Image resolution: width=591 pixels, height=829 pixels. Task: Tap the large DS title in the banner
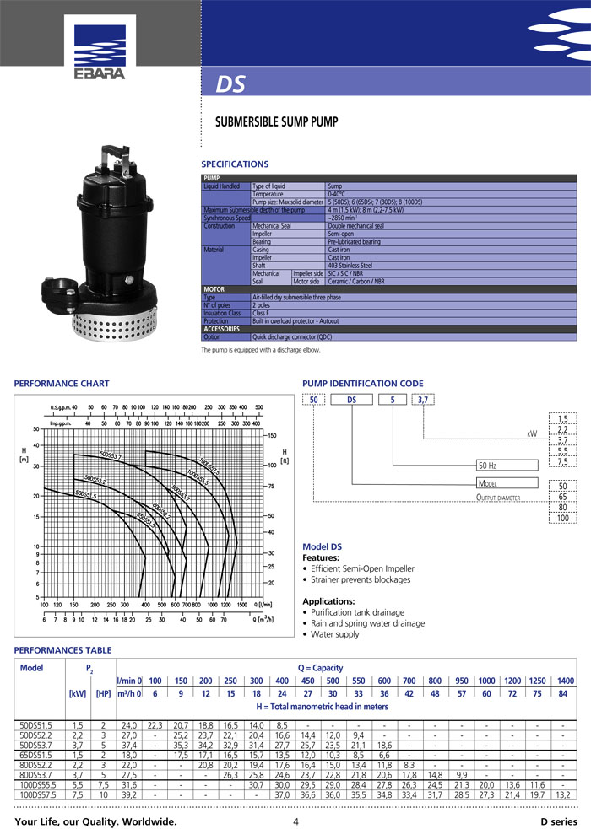pyautogui.click(x=231, y=85)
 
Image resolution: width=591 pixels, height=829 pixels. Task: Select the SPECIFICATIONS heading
pyautogui.click(x=235, y=164)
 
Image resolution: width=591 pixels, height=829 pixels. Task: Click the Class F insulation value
pyautogui.click(x=263, y=313)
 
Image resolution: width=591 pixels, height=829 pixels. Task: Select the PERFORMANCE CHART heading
pyautogui.click(x=62, y=384)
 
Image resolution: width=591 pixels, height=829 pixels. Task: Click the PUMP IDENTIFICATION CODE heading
pyautogui.click(x=363, y=384)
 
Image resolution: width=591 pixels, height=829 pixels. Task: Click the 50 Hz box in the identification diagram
pyautogui.click(x=507, y=465)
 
